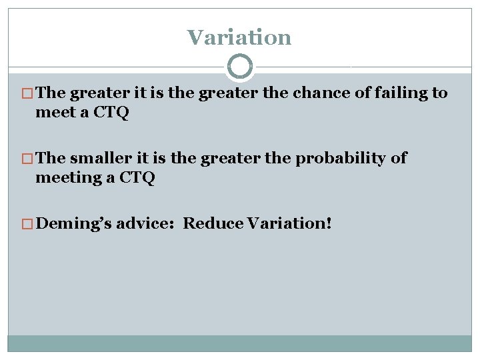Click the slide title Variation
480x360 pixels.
click(239, 37)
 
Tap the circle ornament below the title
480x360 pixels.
click(239, 67)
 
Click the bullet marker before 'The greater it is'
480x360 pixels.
click(29, 93)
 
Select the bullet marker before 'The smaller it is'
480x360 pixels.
click(29, 159)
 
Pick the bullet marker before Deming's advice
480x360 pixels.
click(29, 223)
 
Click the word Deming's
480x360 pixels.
click(73, 223)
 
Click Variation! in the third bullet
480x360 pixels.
click(289, 223)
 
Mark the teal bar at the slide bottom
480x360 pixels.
click(239, 343)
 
